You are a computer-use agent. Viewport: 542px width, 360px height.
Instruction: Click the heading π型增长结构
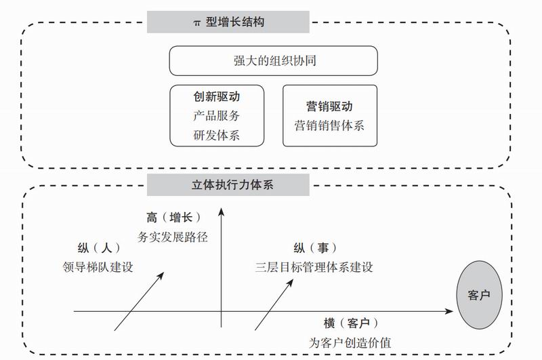pos(228,22)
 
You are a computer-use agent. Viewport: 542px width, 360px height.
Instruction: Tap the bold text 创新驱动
pos(216,97)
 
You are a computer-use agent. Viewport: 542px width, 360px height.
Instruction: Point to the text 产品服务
pos(216,116)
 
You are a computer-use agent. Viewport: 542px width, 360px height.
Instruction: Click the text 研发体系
pos(216,135)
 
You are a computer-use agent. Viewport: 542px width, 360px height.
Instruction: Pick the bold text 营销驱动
pos(329,106)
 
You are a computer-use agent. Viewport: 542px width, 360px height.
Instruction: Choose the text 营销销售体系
pos(329,125)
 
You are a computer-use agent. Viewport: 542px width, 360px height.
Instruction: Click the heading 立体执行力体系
pos(228,184)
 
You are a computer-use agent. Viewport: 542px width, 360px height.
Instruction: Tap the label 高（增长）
pos(173,218)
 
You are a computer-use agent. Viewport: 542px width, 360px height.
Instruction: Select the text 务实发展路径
pos(173,237)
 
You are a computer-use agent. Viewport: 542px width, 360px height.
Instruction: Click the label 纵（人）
pos(99,247)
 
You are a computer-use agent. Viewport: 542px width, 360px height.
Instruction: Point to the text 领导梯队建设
pos(99,266)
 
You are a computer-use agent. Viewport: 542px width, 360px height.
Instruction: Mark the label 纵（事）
pos(314,247)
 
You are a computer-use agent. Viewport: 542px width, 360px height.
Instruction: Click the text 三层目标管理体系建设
pos(314,266)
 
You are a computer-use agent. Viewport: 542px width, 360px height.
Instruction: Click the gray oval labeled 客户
pos(479,295)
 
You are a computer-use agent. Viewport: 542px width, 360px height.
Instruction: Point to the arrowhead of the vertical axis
pos(222,212)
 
